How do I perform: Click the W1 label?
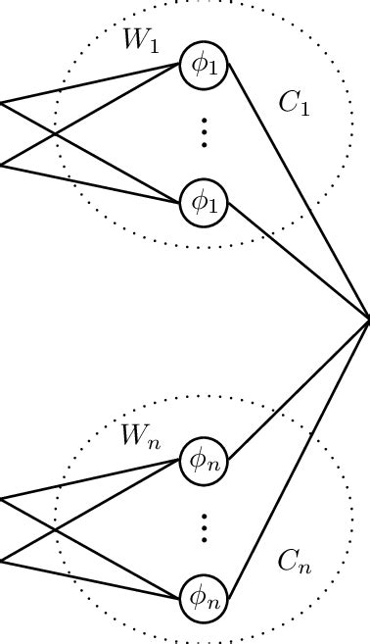(x=140, y=41)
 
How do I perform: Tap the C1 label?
(x=294, y=104)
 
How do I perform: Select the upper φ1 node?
(x=204, y=66)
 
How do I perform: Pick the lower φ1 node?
(x=204, y=203)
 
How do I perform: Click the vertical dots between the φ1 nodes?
(x=204, y=132)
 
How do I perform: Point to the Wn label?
(x=139, y=436)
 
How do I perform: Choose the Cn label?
(x=294, y=562)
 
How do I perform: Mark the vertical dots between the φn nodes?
(x=204, y=527)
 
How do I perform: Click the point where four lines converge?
(x=368, y=320)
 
